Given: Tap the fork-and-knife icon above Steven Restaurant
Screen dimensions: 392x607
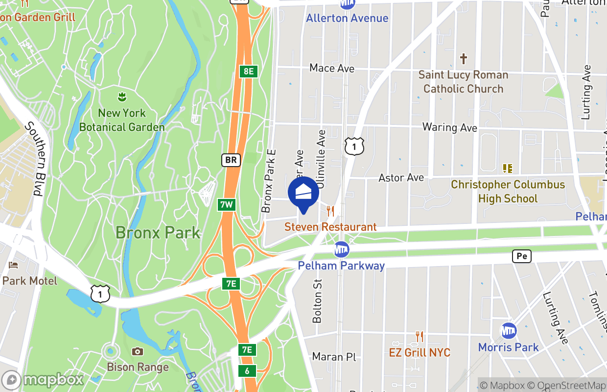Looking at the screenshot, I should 330,211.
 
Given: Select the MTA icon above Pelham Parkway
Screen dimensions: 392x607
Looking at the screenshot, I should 341,249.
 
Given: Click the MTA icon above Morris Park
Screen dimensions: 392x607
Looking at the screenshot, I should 509,331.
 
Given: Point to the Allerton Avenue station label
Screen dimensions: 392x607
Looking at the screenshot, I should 347,18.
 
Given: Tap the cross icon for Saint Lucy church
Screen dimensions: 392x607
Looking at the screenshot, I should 463,59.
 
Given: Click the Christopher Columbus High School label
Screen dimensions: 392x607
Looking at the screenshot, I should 508,192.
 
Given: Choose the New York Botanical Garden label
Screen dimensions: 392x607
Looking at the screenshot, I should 122,120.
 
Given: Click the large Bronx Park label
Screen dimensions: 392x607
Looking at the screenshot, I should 158,232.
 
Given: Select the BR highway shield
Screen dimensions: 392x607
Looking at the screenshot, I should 231,160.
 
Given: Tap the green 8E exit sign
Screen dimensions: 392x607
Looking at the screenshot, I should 248,71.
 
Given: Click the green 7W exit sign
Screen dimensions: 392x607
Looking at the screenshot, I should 226,204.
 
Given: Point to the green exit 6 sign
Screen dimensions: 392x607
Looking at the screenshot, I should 247,371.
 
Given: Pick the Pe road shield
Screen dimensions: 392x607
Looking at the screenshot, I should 522,256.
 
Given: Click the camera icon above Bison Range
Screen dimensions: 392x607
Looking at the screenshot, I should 138,351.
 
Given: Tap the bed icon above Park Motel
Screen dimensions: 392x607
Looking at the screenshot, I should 13,265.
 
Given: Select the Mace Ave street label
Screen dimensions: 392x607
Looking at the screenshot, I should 332,68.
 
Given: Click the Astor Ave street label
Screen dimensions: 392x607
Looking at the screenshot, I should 401,177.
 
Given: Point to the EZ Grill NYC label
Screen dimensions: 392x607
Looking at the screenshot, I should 420,353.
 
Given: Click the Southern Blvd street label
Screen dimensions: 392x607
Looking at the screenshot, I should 34,159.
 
